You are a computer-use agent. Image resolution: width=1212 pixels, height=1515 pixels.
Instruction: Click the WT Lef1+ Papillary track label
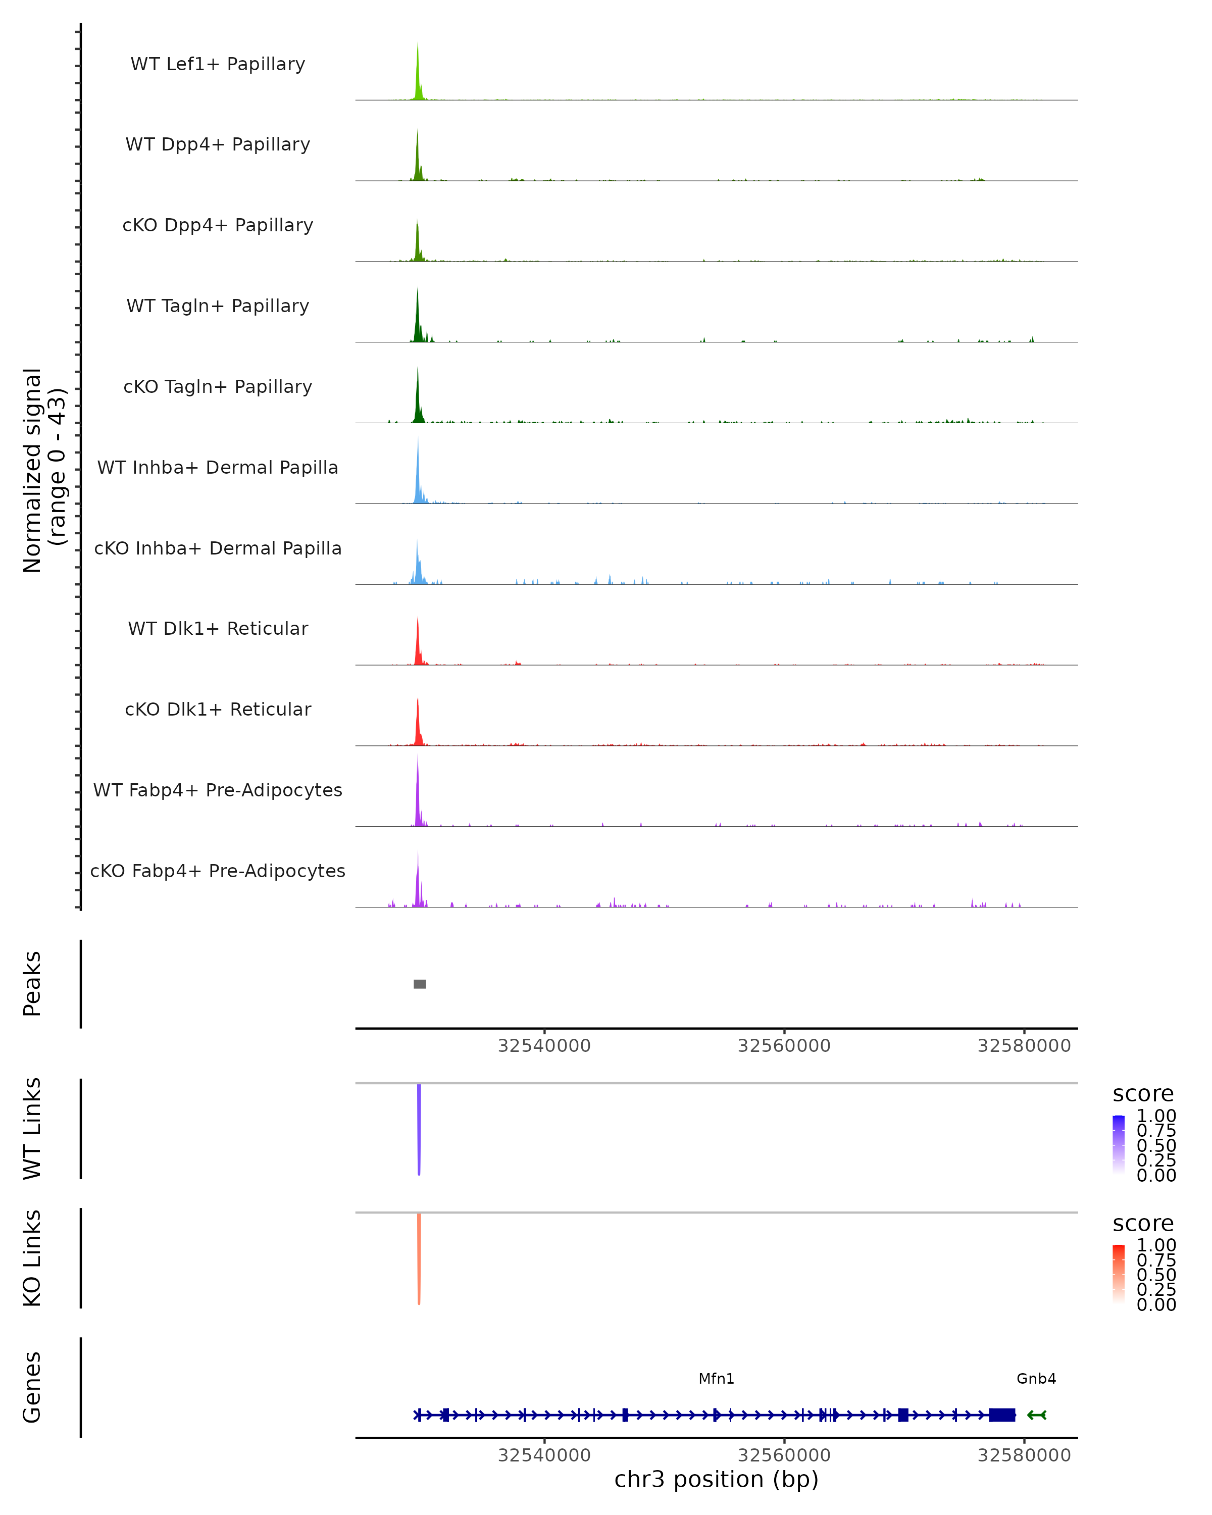point(218,64)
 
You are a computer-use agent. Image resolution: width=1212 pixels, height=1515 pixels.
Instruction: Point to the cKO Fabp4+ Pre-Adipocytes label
point(218,871)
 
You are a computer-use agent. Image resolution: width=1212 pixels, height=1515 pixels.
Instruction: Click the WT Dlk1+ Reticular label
point(218,628)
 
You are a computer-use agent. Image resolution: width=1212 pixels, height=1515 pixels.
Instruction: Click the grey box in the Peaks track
point(420,984)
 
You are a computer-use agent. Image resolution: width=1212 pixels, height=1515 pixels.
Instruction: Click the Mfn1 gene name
point(716,1379)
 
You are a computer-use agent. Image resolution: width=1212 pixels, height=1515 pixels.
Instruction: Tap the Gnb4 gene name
point(1036,1379)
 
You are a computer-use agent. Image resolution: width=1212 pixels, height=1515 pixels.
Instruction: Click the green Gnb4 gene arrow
point(1036,1415)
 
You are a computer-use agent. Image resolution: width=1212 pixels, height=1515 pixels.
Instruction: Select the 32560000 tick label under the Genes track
point(784,1455)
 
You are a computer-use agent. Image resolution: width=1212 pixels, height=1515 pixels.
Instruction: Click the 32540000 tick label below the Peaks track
point(544,1046)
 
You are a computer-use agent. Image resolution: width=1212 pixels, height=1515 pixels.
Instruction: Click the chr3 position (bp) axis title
point(716,1480)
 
